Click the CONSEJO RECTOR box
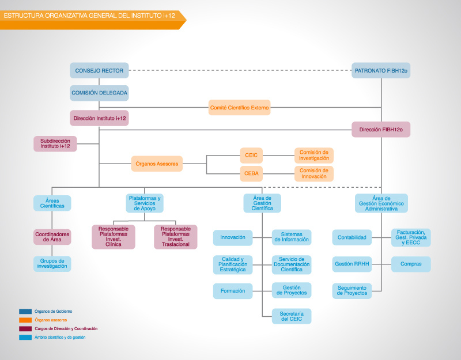(99, 70)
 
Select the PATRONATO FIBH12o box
(381, 70)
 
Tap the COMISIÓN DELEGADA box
(99, 93)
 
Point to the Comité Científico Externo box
(239, 108)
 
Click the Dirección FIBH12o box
(381, 130)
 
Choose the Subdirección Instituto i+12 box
(55, 143)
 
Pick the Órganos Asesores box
(157, 164)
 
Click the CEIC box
(251, 156)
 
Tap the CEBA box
(251, 174)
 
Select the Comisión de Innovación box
(313, 174)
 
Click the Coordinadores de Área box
(52, 237)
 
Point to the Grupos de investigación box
(52, 264)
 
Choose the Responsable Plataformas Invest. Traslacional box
(176, 237)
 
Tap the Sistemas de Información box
(292, 237)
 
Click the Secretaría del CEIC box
(292, 316)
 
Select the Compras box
(411, 264)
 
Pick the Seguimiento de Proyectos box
(352, 291)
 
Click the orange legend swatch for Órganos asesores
(25, 320)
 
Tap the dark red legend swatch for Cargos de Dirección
(25, 328)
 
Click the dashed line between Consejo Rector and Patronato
(240, 70)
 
